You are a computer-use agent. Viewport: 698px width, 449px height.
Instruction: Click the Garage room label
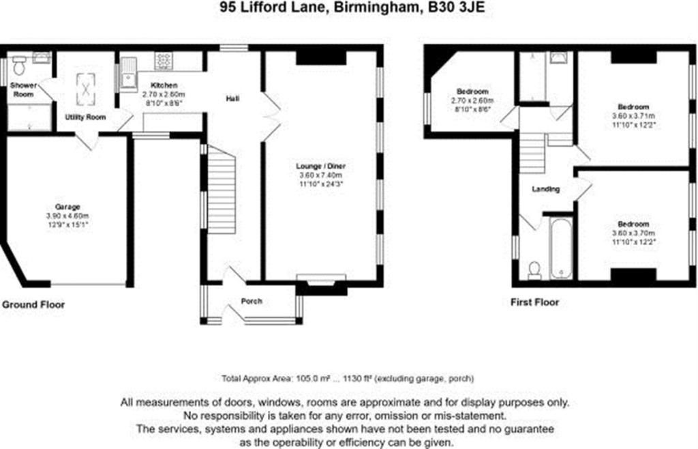(x=68, y=207)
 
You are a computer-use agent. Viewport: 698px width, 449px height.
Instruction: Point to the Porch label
(x=252, y=302)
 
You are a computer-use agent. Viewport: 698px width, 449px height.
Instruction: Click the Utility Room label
(x=85, y=117)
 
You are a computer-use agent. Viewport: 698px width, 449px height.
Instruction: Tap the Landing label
(x=546, y=189)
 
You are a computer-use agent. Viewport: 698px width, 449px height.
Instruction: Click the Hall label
(x=232, y=100)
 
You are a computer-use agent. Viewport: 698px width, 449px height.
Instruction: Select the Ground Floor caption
(x=33, y=304)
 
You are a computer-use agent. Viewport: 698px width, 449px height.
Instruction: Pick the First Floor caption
(x=534, y=302)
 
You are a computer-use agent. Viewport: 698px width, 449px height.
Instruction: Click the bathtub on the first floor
(x=560, y=248)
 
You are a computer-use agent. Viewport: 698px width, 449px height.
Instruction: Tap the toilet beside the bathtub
(x=534, y=270)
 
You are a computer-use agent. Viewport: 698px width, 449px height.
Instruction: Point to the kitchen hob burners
(x=165, y=61)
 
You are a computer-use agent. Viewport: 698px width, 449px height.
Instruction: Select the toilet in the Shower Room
(x=19, y=66)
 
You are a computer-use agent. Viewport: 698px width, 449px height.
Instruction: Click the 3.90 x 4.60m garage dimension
(x=68, y=216)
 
